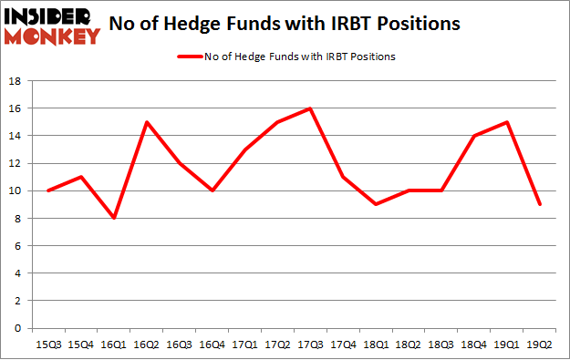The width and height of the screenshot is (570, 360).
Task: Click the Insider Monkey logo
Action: [x=51, y=25]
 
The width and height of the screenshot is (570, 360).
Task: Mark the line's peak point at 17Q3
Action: [x=311, y=108]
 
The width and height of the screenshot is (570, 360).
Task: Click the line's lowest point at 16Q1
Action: [x=113, y=218]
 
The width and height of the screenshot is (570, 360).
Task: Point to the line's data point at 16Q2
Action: [x=146, y=122]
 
